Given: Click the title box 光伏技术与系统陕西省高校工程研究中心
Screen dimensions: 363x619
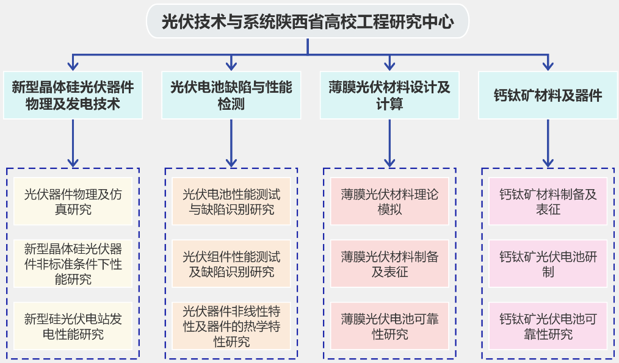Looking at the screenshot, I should tap(308, 22).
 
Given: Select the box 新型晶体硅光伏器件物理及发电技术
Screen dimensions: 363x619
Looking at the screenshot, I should tap(73, 95).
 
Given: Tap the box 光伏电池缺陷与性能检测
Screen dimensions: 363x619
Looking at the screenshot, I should tap(231, 95).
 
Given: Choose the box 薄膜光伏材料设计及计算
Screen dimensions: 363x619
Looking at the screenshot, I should tap(389, 95).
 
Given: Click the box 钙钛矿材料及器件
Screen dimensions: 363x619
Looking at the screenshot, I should tap(548, 95).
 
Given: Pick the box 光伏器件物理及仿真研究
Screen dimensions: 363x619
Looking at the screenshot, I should tap(73, 202).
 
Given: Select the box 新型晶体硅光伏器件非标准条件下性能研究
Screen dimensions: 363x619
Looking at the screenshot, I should tap(73, 264).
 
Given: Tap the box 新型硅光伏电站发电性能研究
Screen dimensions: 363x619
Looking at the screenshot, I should tap(73, 326).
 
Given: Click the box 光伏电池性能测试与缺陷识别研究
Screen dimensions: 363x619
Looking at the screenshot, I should tap(231, 202).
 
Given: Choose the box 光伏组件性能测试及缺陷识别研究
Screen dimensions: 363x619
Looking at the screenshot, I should tap(231, 264).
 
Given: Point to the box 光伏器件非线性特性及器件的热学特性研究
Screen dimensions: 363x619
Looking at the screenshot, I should tap(231, 326).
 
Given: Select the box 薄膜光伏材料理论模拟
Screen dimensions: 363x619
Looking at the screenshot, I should tap(389, 202).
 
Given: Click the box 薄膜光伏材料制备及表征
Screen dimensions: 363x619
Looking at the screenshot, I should tap(389, 264).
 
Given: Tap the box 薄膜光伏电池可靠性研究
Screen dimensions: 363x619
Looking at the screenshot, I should tap(389, 326).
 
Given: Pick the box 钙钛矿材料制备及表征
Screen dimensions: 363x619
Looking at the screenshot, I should tap(548, 202).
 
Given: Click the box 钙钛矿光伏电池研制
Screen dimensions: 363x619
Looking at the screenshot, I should tap(548, 264).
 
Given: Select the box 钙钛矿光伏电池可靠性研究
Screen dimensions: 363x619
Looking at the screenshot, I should tap(548, 326).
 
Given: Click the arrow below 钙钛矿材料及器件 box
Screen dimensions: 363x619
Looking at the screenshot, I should tap(548, 143).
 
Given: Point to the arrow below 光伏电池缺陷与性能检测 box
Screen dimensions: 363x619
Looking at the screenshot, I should tap(231, 143).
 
